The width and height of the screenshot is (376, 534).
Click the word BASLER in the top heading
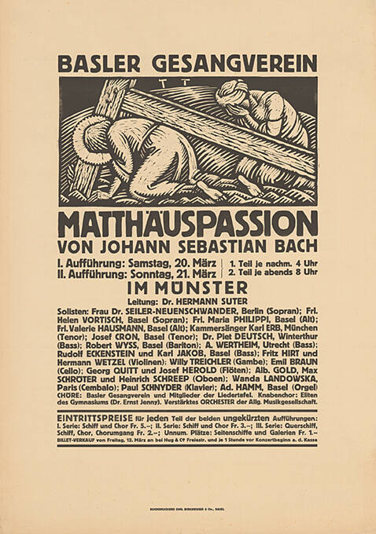(97, 63)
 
